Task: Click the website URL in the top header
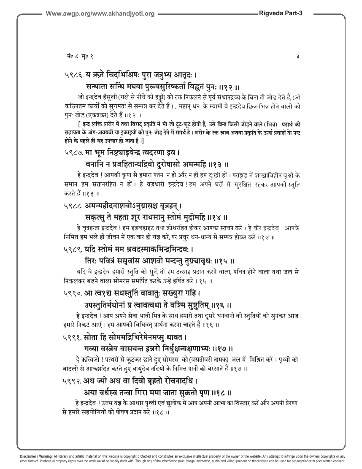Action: click(100, 14)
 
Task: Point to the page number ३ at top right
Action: click(298, 56)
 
